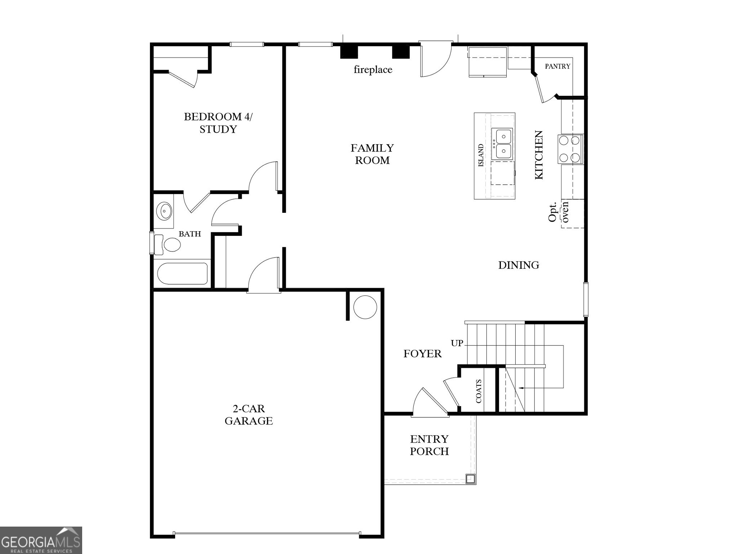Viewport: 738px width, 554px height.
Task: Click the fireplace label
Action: (x=373, y=69)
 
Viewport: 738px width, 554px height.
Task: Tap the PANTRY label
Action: (x=557, y=66)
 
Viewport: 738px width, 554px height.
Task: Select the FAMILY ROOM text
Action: (x=372, y=154)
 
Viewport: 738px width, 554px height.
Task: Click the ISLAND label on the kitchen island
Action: (x=481, y=155)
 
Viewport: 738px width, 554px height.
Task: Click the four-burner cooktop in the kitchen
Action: (x=570, y=149)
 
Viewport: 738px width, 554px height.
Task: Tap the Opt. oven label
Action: (x=558, y=212)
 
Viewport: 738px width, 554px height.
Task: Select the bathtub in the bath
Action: (x=182, y=274)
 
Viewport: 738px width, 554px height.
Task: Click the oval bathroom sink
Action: (x=164, y=211)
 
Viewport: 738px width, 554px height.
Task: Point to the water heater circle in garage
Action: (x=365, y=307)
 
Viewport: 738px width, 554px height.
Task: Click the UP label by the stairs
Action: (x=457, y=343)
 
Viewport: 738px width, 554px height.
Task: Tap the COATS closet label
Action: (x=479, y=391)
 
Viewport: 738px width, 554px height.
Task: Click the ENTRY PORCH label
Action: (x=429, y=445)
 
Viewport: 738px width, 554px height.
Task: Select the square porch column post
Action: (x=470, y=479)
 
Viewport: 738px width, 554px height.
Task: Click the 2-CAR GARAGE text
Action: (x=248, y=415)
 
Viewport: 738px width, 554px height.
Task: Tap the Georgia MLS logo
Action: (x=41, y=540)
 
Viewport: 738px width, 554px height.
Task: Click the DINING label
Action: (x=518, y=265)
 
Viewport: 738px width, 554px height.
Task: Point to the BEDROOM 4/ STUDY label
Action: (x=218, y=123)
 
